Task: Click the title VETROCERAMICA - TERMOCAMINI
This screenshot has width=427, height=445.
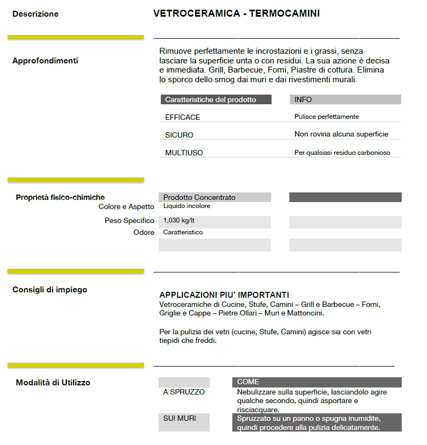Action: coord(236,13)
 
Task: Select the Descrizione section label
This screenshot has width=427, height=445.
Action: coord(35,14)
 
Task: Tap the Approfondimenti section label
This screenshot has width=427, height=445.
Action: coord(45,61)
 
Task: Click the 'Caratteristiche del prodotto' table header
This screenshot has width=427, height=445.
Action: coord(210,99)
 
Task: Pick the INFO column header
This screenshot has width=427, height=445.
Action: coord(303,99)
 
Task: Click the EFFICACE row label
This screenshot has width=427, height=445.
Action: coord(182,117)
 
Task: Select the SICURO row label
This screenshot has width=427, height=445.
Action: coord(179,135)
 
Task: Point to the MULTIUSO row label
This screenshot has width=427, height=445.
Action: coord(184,153)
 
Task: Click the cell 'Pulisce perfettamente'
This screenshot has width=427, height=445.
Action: coord(326,117)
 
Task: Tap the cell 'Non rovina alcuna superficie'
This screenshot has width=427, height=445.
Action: coord(341,134)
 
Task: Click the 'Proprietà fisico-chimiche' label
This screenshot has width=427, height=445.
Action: coord(60,197)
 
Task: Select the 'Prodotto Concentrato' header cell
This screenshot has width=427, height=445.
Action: coord(199,197)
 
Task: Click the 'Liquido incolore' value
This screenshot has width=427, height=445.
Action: coord(187,206)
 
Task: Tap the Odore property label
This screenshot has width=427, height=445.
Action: coord(144,232)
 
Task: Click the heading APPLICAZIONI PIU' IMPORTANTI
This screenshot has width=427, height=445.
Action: coord(224,295)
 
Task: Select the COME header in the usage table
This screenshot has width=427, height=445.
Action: coord(248,382)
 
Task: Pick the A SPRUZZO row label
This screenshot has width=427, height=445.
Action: coord(184,392)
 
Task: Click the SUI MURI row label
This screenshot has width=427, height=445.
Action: coord(180,418)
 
